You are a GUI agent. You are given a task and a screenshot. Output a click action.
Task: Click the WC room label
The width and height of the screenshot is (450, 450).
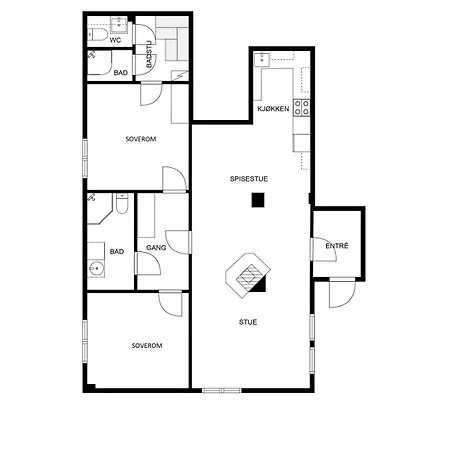coord(115,40)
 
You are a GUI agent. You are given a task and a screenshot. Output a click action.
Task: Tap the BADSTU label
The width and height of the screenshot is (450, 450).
coord(149,54)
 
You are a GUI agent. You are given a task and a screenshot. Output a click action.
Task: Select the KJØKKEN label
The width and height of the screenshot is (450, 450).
coord(273,109)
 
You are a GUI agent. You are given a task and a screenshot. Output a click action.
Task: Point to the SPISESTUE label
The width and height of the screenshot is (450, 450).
coord(249,179)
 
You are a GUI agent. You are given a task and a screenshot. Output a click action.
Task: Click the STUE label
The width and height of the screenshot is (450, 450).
coord(248,322)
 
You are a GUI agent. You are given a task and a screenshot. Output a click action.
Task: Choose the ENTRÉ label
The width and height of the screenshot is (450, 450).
coord(337,246)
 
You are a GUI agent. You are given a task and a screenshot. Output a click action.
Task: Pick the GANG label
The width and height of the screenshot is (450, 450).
coord(156,248)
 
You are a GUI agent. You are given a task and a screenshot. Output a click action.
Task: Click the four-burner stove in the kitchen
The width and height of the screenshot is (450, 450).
coord(302,108)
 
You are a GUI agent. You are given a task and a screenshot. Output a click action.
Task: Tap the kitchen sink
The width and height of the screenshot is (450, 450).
coord(262,60)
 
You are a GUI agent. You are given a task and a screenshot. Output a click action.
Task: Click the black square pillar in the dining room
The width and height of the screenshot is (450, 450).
coord(258,200)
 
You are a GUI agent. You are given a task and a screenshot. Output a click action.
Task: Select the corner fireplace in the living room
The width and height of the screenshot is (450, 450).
coord(248,275)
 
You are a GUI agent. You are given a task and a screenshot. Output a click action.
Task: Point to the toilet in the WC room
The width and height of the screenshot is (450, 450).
coord(97,35)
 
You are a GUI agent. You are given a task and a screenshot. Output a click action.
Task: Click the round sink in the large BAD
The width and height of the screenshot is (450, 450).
coord(97,268)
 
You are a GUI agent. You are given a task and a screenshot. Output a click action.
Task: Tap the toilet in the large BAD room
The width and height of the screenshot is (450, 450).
coord(122,204)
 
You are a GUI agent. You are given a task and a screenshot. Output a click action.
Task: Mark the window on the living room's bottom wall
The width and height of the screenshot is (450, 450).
coord(222,390)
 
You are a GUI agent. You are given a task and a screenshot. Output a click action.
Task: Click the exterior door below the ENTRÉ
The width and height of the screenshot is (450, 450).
coord(342,293)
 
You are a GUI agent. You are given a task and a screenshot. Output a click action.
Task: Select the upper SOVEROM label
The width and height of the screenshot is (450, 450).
coord(141,139)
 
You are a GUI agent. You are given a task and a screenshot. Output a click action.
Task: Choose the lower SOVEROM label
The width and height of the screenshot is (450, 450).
coord(147,346)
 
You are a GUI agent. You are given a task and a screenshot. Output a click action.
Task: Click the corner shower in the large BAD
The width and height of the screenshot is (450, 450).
coord(99,209)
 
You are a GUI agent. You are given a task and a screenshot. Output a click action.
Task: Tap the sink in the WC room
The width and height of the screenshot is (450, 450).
coord(119,25)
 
